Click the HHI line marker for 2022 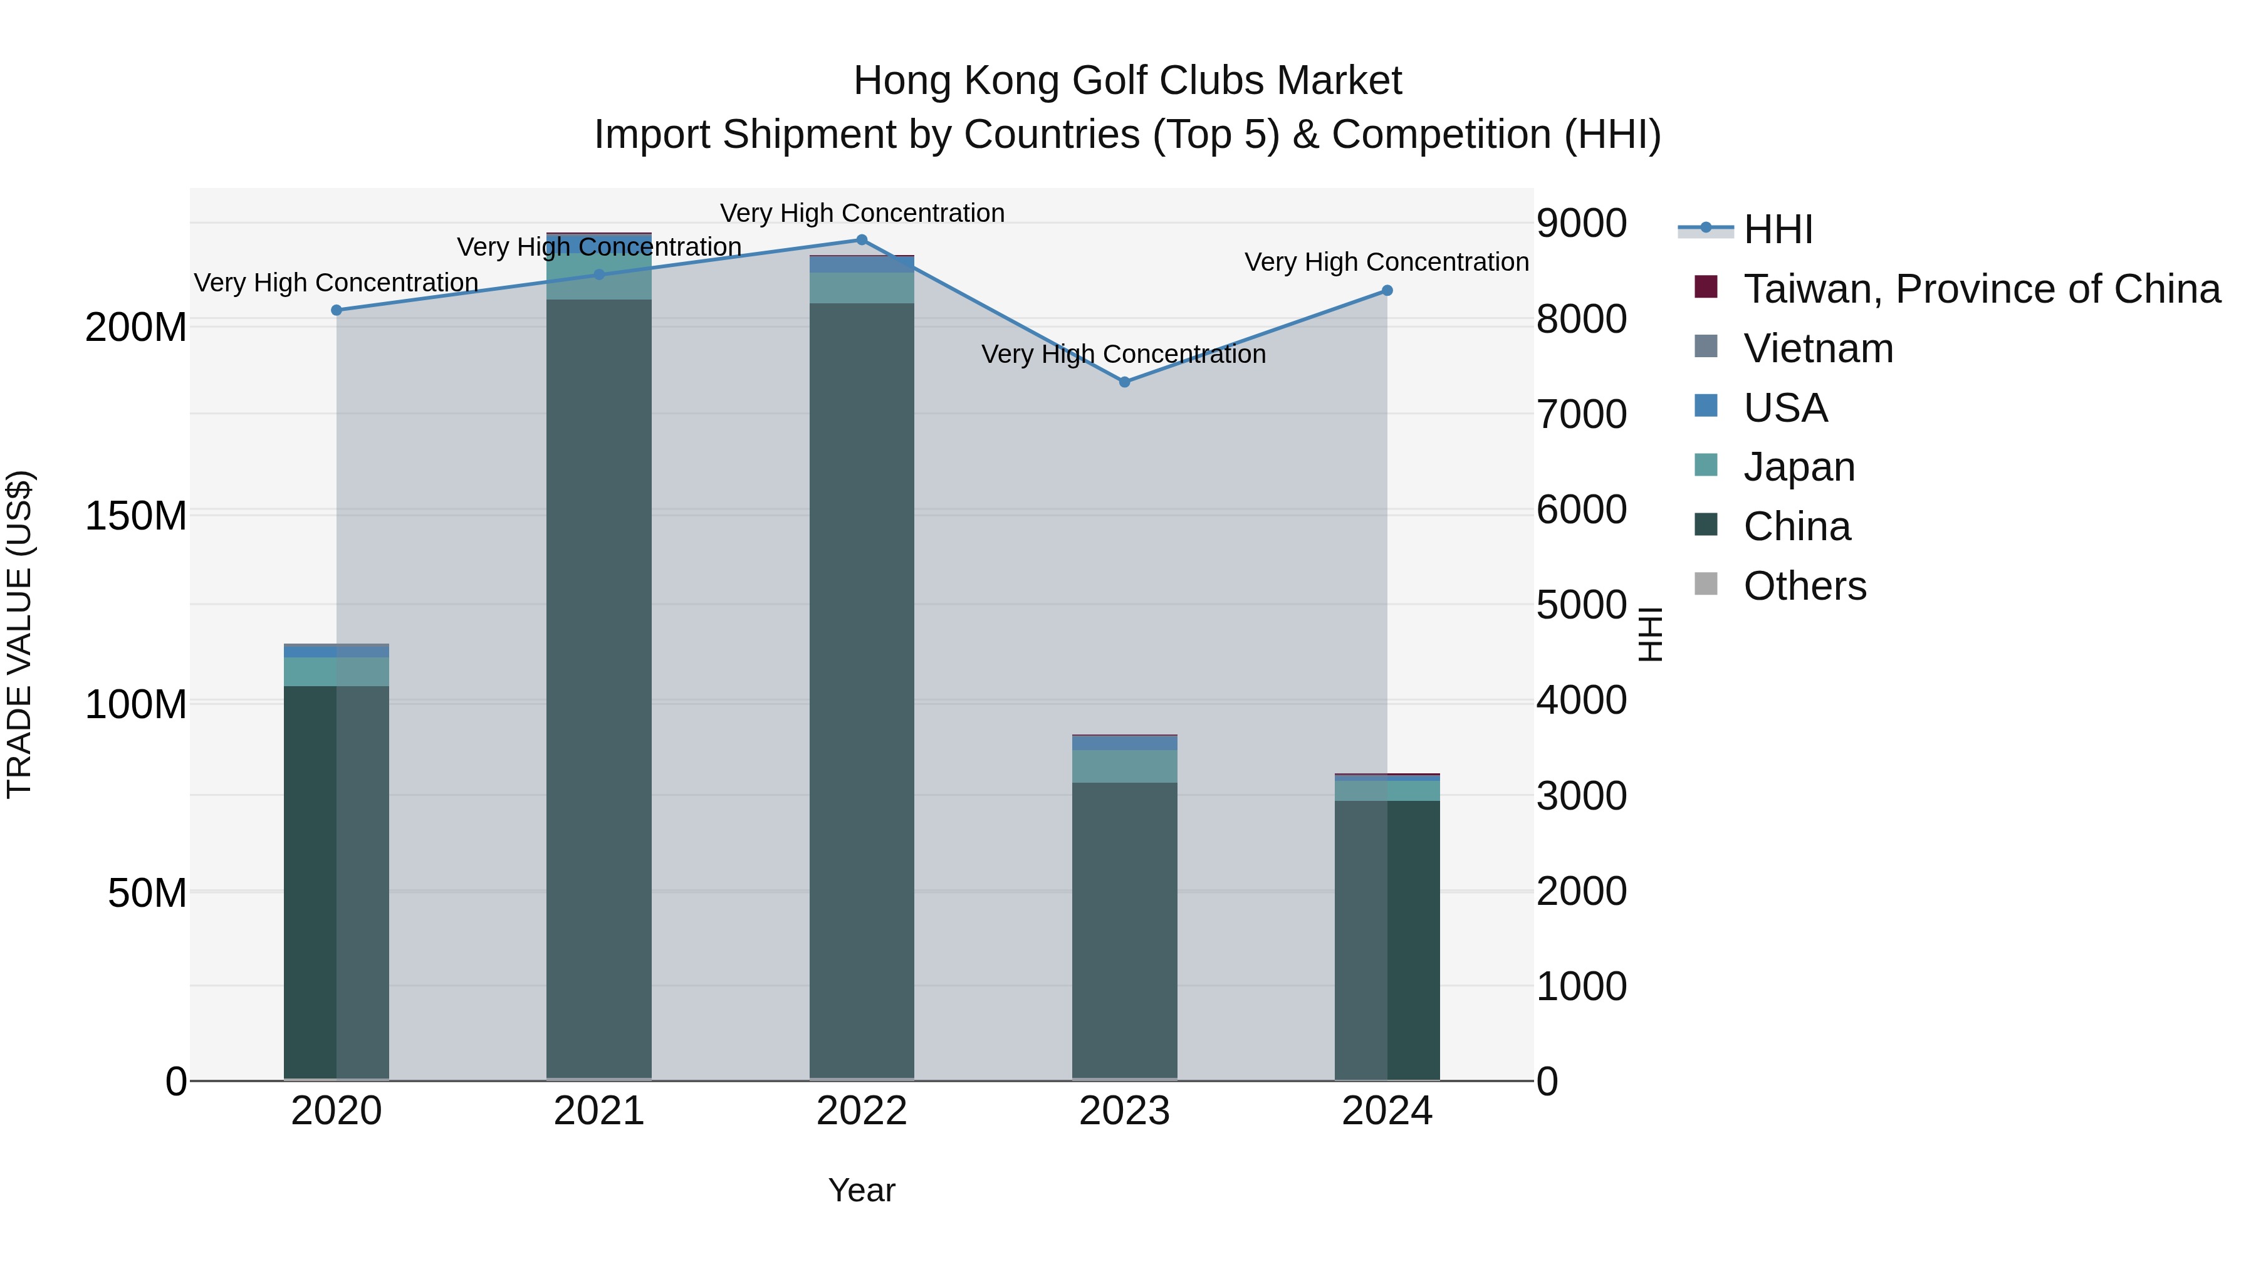point(862,240)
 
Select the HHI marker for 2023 point(1124,382)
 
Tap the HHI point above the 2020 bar point(337,310)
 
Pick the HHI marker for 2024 point(1387,291)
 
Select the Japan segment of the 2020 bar point(337,672)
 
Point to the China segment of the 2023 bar point(1124,928)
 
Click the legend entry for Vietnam point(1817,348)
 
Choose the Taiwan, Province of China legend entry point(1981,289)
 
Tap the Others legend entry point(1804,586)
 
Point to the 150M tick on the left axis point(136,516)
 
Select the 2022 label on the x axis point(862,1111)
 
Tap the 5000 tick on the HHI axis point(1582,605)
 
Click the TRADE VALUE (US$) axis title point(19,634)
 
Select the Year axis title point(862,1190)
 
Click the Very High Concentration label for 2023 point(1124,354)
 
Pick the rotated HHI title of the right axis point(1649,634)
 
